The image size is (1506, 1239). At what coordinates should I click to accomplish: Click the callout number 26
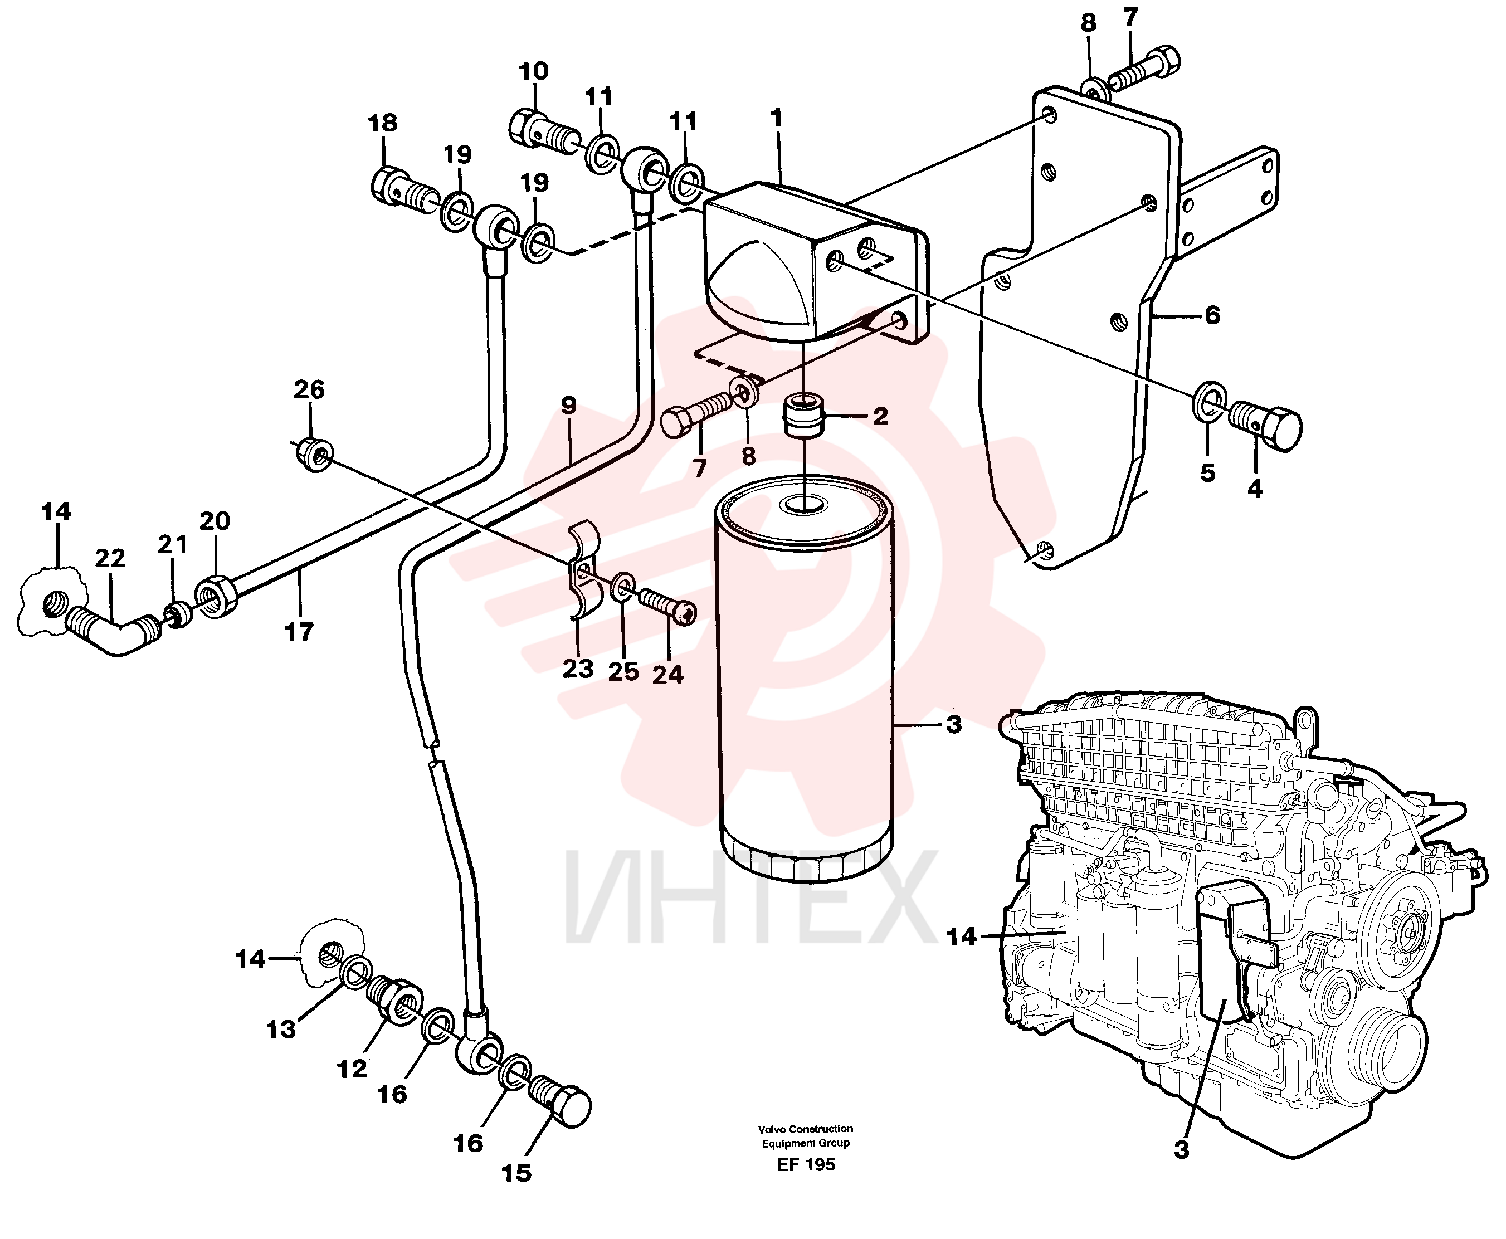[309, 389]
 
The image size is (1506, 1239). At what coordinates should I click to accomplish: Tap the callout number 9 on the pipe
[568, 406]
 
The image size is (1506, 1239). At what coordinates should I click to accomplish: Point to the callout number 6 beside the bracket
[1212, 315]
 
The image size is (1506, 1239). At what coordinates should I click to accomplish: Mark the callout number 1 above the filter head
[777, 118]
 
